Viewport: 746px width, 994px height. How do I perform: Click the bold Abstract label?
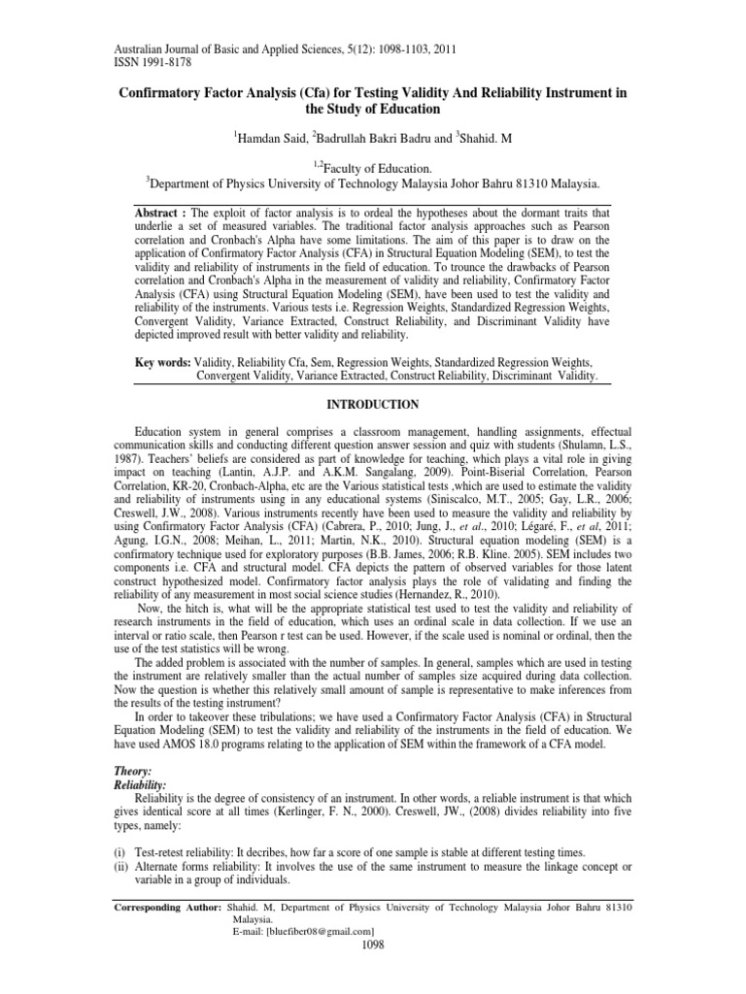click(161, 213)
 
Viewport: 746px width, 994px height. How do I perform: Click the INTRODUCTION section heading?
click(373, 404)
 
